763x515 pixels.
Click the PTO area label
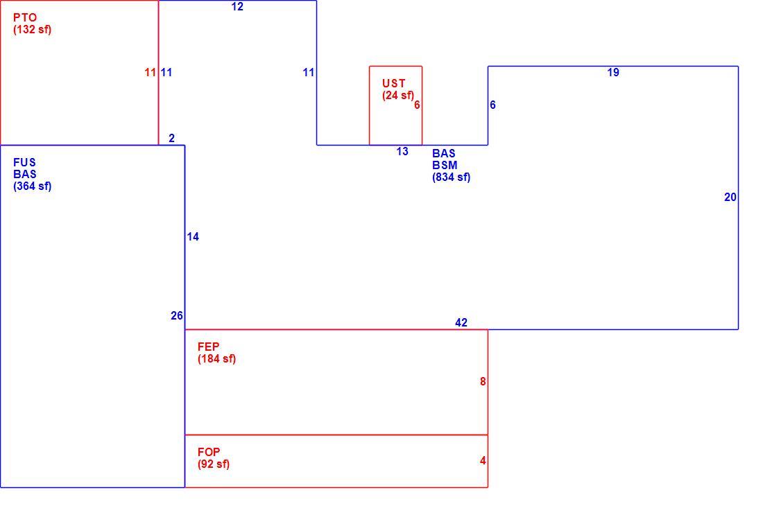[x=25, y=17]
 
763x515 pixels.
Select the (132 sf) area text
[x=32, y=29]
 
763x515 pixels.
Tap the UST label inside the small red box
[x=394, y=84]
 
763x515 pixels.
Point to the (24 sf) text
[x=398, y=96]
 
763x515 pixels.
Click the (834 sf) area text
[x=451, y=177]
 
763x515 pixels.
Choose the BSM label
[x=445, y=166]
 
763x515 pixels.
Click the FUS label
[x=24, y=162]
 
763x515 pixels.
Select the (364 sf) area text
[x=32, y=186]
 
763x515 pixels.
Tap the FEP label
[x=208, y=347]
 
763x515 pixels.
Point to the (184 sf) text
[x=216, y=359]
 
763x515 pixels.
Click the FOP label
[x=209, y=452]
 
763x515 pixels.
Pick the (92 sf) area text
[x=214, y=464]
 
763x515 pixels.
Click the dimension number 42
[x=461, y=322]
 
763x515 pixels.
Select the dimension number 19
[x=613, y=73]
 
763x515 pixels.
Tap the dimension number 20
[x=730, y=197]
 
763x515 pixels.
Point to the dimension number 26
[x=177, y=315]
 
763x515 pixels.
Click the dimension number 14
[x=193, y=237]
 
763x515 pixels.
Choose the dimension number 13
[x=402, y=151]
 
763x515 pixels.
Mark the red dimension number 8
[x=483, y=382]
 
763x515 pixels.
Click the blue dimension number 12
[x=237, y=6]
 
